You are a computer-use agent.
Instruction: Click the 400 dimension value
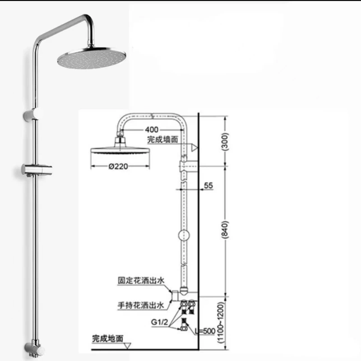[x=152, y=130]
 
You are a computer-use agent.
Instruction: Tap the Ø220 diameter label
[x=118, y=166]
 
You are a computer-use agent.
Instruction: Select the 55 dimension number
[x=208, y=185]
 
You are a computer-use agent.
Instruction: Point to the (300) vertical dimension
[x=225, y=142]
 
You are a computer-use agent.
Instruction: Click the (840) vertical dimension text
[x=225, y=230]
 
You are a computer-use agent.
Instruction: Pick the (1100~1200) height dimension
[x=221, y=323]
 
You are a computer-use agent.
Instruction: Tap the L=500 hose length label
[x=205, y=331]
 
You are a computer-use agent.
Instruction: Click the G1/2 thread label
[x=160, y=322]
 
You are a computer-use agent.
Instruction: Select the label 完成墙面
[x=162, y=139]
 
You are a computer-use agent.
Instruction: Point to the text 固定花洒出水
[x=141, y=280]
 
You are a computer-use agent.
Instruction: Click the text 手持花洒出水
[x=141, y=305]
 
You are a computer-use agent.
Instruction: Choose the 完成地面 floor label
[x=107, y=338]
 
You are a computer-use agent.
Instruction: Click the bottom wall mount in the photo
[x=35, y=349]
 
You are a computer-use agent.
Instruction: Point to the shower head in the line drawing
[x=120, y=147]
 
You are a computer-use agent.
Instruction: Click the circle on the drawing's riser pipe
[x=184, y=235]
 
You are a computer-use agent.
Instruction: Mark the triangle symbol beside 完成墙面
[x=194, y=148]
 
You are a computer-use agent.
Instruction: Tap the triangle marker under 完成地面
[x=127, y=346]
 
